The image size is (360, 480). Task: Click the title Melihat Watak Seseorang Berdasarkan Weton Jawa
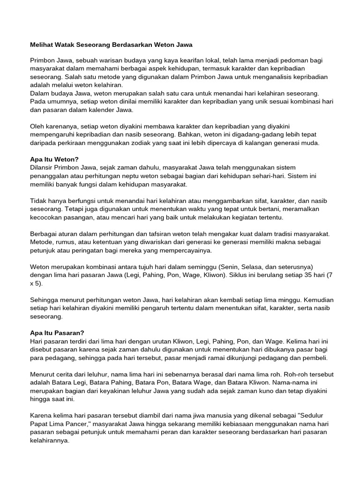click(x=111, y=45)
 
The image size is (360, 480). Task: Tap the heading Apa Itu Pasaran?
click(x=57, y=333)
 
